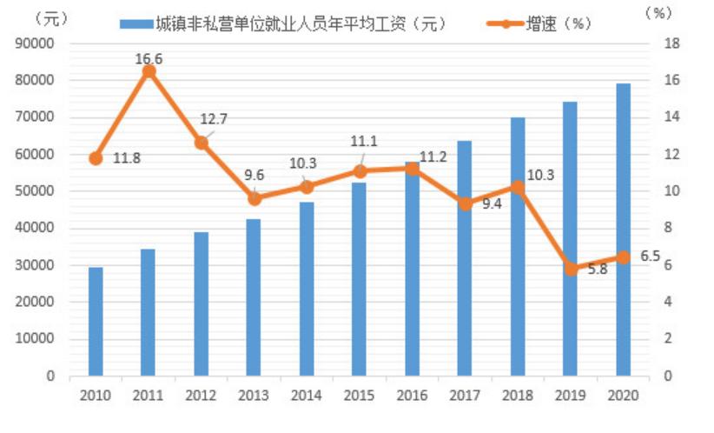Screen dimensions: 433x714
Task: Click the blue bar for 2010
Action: tap(96, 321)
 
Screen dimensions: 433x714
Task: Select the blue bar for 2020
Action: tap(623, 230)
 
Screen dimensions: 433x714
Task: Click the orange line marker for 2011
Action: tap(149, 71)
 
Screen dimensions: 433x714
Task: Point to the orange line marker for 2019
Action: tap(571, 269)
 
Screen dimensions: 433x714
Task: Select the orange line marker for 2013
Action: tap(254, 198)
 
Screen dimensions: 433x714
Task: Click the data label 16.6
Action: tap(149, 58)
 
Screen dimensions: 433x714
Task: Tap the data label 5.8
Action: tap(597, 270)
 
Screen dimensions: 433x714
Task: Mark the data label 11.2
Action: tap(434, 157)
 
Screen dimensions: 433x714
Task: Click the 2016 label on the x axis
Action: tap(412, 396)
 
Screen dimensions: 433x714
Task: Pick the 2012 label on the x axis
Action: tap(201, 396)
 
